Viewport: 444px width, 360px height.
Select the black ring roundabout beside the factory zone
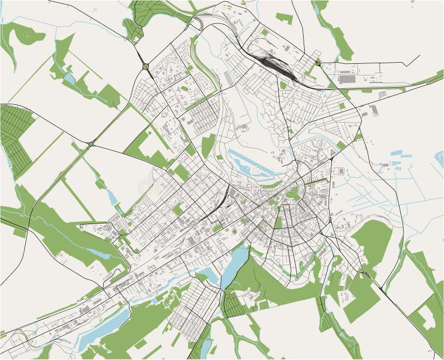318,63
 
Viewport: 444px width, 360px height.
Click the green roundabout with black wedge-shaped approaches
145,67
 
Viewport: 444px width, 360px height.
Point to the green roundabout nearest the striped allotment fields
91,144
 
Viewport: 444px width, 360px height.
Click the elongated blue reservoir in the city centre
248,164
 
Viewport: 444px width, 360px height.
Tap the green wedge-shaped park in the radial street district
278,222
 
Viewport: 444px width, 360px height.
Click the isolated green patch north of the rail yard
284,17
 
